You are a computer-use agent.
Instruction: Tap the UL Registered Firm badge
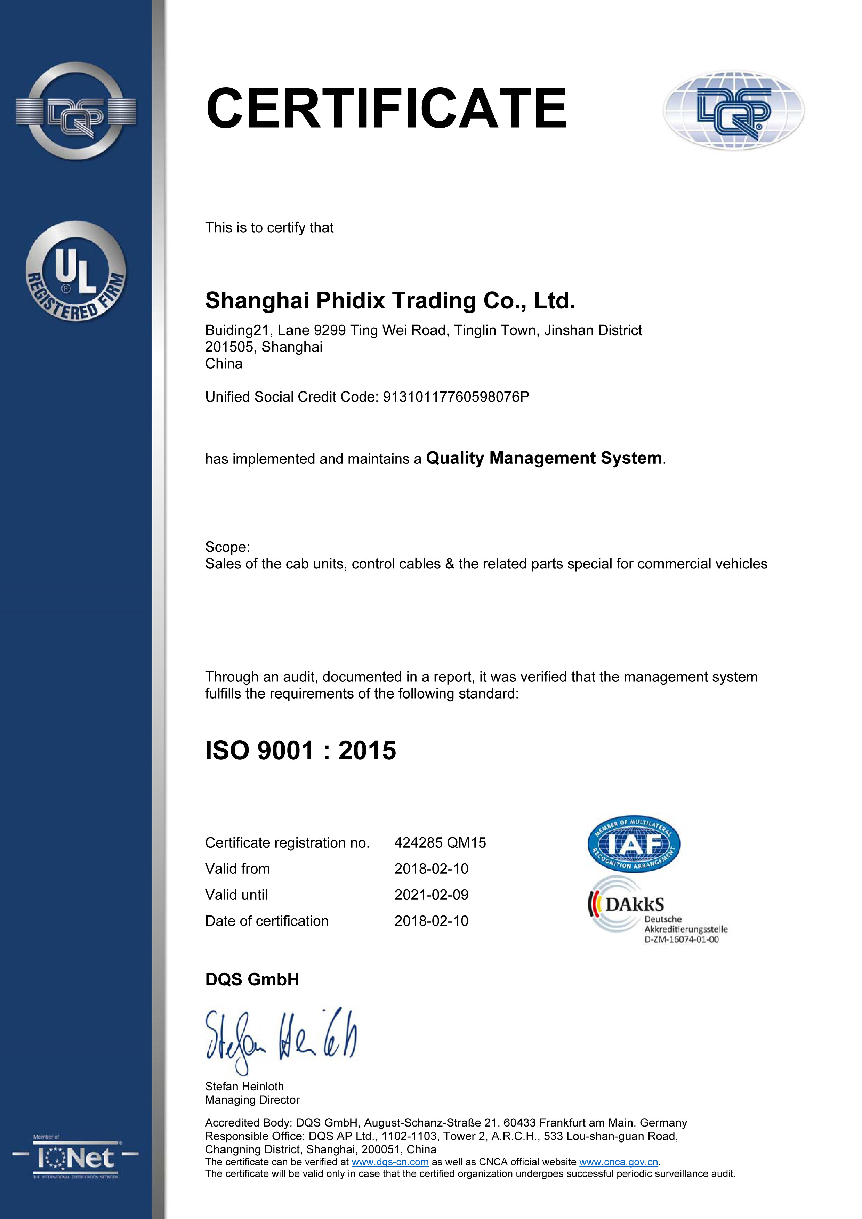(x=76, y=271)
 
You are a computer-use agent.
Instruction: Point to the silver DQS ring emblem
(x=76, y=111)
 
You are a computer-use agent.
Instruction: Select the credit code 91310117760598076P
(x=456, y=397)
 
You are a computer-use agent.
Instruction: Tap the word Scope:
(x=227, y=547)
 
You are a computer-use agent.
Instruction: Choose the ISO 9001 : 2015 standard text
(x=301, y=750)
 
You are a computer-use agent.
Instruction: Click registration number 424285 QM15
(x=440, y=842)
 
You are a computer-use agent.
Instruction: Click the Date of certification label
(x=267, y=921)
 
